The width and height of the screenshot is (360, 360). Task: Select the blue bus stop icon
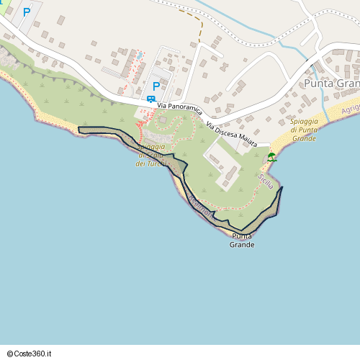(x=151, y=99)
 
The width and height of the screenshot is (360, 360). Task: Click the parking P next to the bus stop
(x=156, y=86)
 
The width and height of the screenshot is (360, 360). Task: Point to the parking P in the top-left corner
(x=27, y=12)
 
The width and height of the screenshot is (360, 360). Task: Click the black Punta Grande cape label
(x=242, y=240)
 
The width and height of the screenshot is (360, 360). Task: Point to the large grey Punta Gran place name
(x=331, y=83)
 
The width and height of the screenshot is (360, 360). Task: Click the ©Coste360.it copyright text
(x=30, y=354)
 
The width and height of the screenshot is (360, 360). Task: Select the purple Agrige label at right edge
(x=351, y=107)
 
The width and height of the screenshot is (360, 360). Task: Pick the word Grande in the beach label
(x=304, y=138)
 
